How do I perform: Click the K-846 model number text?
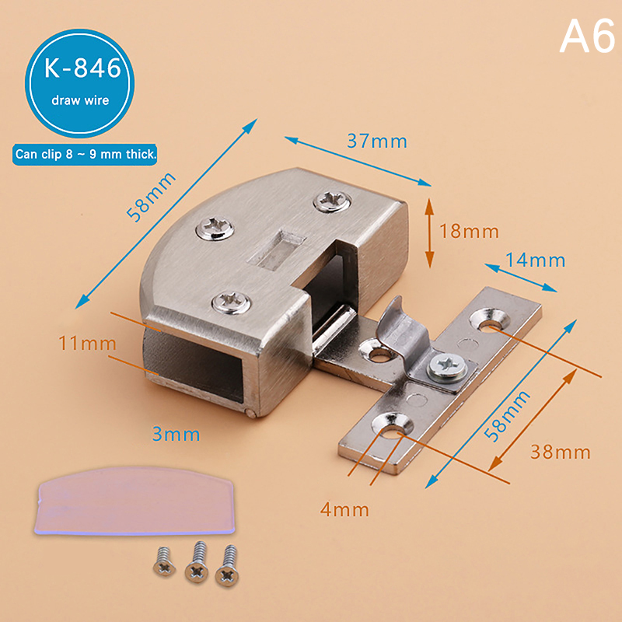pyautogui.click(x=82, y=68)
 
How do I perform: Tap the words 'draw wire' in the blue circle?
pyautogui.click(x=80, y=100)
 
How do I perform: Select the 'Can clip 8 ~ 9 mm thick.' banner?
pyautogui.click(x=85, y=154)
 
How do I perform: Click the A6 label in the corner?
pyautogui.click(x=588, y=37)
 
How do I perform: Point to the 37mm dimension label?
pyautogui.click(x=377, y=142)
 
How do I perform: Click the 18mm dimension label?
pyautogui.click(x=469, y=231)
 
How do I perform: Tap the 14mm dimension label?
pyautogui.click(x=535, y=260)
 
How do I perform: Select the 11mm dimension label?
pyautogui.click(x=87, y=343)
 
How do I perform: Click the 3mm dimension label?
pyautogui.click(x=176, y=435)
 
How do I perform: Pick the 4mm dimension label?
pyautogui.click(x=344, y=509)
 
